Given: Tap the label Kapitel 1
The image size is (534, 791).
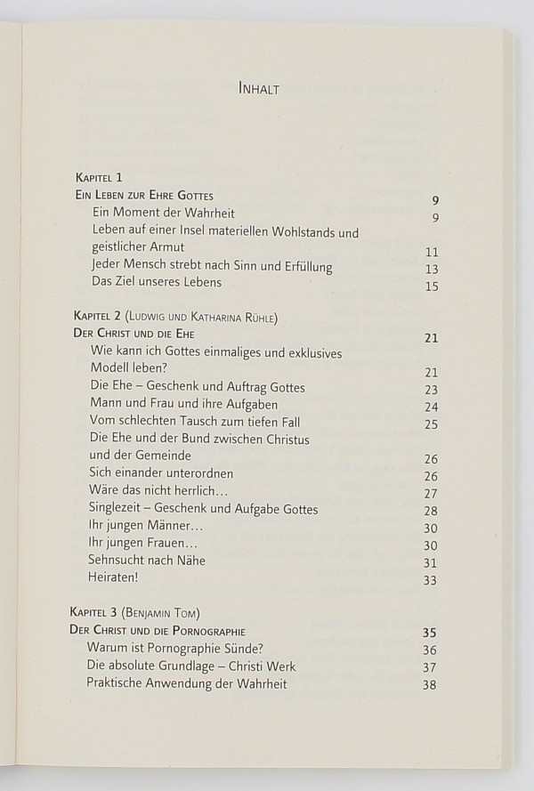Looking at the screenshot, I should pos(100,178).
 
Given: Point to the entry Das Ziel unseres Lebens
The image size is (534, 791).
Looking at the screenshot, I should pos(157,282).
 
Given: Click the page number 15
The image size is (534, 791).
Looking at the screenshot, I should pos(433,287).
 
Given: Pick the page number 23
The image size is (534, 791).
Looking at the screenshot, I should pos(432,390).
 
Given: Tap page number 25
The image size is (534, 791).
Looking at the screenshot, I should pos(432,424).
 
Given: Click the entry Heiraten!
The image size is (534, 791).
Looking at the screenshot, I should pos(114,577).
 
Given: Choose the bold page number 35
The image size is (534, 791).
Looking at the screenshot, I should pos(431,634).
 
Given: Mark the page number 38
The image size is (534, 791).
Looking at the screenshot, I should pos(431,685).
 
